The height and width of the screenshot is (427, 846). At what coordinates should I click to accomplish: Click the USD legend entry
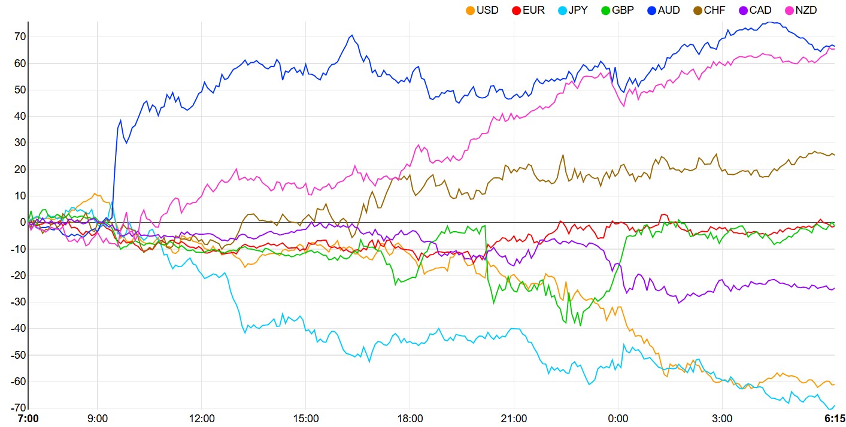[482, 10]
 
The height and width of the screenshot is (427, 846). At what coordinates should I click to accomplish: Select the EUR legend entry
[529, 10]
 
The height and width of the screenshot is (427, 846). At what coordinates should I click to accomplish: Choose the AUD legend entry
[663, 10]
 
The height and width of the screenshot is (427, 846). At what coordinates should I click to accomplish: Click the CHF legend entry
[710, 10]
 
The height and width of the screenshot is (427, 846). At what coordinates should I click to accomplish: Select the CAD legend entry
[755, 10]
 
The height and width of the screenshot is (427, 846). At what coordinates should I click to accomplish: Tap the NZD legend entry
[800, 10]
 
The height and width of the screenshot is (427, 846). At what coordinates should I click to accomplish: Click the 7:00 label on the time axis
[28, 418]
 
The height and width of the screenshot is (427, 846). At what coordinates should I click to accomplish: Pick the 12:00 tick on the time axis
[202, 418]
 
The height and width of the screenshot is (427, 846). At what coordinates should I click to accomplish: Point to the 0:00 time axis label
[618, 418]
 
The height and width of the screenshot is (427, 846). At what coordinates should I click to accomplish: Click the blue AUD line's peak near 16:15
[352, 35]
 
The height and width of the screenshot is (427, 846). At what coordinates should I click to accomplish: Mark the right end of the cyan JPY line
[834, 405]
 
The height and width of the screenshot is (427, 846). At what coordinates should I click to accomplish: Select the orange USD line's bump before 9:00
[95, 193]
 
